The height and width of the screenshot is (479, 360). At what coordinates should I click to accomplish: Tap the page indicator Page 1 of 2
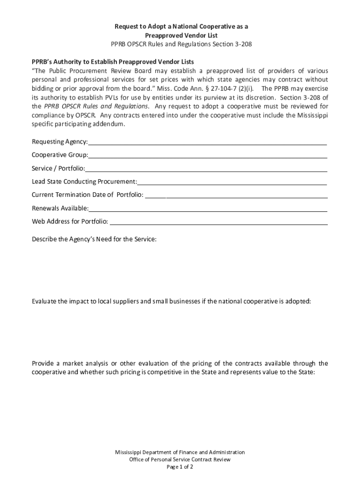tap(180, 467)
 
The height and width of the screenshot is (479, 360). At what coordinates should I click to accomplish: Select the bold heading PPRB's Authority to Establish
tap(113, 62)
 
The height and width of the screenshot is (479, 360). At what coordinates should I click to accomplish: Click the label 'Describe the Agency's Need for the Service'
tap(94, 239)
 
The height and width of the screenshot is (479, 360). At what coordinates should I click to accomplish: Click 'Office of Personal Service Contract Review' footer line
tap(180, 459)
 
